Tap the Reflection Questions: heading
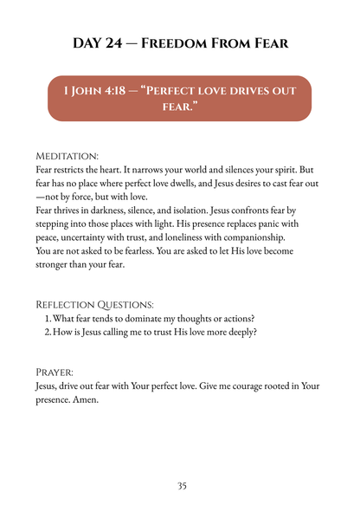(93, 304)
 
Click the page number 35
(182, 486)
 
